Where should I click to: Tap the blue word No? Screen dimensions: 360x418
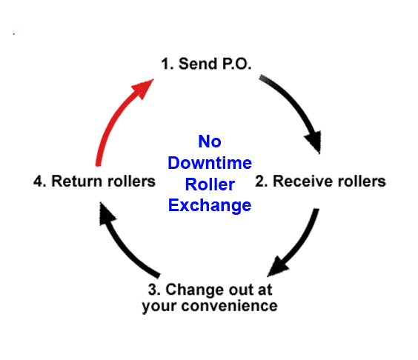209,141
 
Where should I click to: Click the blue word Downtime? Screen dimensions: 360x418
210,163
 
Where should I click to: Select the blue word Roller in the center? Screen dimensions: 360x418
210,184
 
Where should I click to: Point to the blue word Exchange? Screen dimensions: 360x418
210,206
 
